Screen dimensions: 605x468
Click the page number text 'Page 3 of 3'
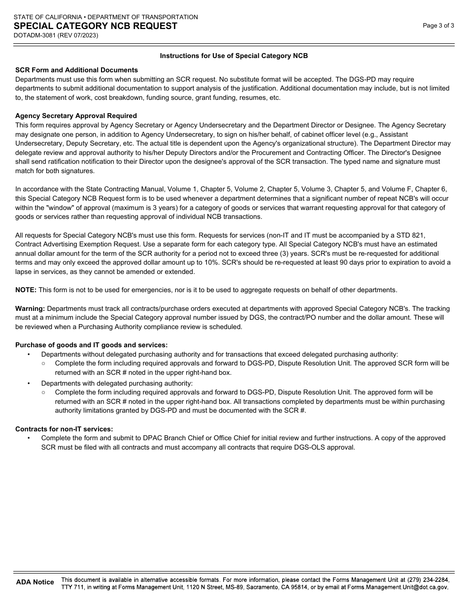tap(438, 26)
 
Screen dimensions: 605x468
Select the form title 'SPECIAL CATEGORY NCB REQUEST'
tap(96, 26)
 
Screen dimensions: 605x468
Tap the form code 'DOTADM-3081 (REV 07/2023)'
tap(56, 35)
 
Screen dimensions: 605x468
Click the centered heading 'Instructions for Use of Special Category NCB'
tap(234, 56)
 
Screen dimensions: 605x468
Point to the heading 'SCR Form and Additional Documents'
tap(76, 70)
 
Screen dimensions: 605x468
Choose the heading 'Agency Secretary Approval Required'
tap(76, 116)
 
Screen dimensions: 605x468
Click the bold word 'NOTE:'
tap(26, 290)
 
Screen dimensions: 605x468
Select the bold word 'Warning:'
tap(30, 309)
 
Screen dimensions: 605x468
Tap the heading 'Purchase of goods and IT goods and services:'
tap(91, 345)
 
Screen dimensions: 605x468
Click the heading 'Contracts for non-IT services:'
tap(64, 429)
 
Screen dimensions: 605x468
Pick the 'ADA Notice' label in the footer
tap(35, 582)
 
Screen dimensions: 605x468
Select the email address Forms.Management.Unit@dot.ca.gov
tap(398, 587)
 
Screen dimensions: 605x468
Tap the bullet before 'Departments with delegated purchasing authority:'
tap(29, 384)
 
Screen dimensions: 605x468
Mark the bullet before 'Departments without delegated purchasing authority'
tap(29, 355)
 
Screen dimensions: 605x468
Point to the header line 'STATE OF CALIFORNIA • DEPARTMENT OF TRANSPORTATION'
tap(105, 17)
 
